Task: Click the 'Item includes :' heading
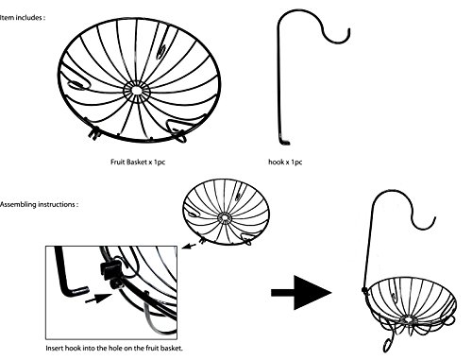[x=23, y=18]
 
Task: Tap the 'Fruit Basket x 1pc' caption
[x=138, y=162]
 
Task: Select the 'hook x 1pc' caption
[x=285, y=162]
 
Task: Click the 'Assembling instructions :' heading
[x=39, y=204]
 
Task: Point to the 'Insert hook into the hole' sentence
[x=114, y=348]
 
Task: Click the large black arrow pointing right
[x=301, y=292]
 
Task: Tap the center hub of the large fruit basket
[x=137, y=91]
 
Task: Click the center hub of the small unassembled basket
[x=225, y=217]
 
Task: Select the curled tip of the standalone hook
[x=348, y=32]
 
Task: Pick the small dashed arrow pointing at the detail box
[x=189, y=246]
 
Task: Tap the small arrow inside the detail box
[x=99, y=299]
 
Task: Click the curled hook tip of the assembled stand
[x=433, y=220]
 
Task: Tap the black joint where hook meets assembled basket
[x=364, y=289]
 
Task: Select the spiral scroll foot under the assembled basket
[x=388, y=344]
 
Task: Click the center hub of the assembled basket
[x=408, y=319]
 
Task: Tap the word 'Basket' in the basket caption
[x=137, y=162]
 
